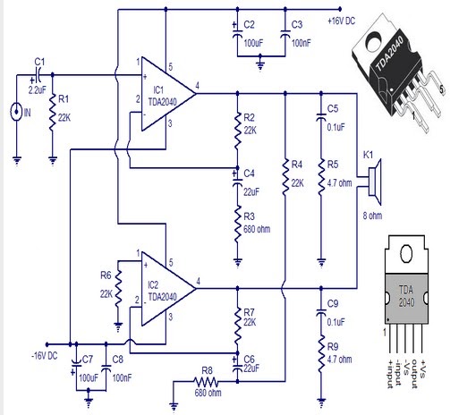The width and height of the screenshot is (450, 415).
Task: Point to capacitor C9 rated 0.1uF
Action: coord(320,314)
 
